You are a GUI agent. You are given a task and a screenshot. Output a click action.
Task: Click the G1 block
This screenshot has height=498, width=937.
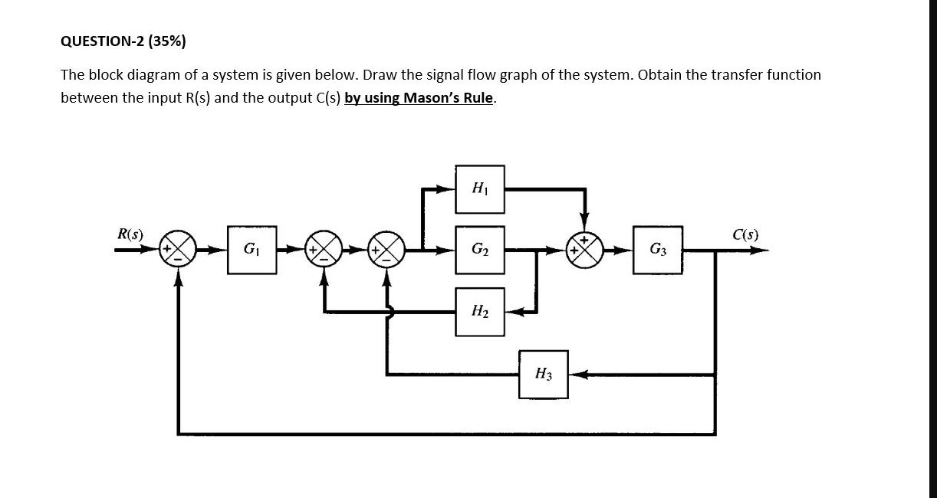click(x=250, y=249)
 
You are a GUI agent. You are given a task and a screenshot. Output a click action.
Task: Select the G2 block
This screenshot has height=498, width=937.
click(x=480, y=249)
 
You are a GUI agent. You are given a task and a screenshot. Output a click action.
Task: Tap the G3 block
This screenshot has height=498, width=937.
click(x=658, y=249)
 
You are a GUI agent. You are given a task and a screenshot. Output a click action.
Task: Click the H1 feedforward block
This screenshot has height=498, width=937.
click(x=480, y=188)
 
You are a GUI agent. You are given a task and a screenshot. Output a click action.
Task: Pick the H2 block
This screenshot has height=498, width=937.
click(x=480, y=311)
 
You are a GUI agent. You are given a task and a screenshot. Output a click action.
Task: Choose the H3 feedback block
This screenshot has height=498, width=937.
click(x=543, y=374)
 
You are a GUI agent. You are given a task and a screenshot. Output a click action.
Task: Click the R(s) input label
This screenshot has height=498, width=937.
click(x=128, y=234)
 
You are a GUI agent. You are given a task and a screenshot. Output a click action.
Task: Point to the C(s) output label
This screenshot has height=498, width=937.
click(x=744, y=234)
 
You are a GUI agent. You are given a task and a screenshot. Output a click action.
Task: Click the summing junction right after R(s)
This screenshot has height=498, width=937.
click(x=179, y=249)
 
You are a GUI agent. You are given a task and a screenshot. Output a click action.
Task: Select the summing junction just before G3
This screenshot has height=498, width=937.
click(x=585, y=249)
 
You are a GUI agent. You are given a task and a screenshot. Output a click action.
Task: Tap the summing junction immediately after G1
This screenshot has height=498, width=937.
click(x=324, y=249)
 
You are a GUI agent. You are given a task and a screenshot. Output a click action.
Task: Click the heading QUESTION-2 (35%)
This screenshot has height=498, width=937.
click(x=123, y=41)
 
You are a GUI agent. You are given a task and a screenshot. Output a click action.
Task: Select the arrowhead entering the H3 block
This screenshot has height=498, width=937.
click(x=577, y=375)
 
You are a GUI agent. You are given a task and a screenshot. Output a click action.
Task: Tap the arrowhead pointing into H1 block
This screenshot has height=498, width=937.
click(x=447, y=188)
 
